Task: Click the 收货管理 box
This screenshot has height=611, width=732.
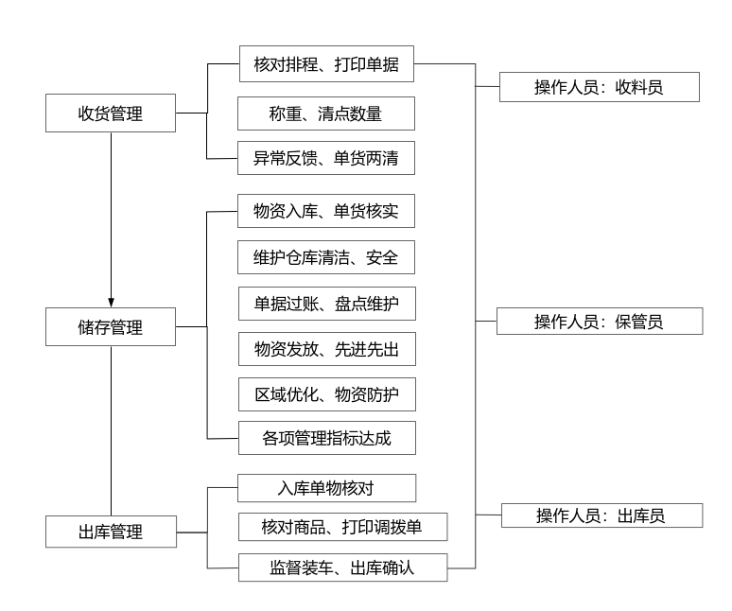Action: tap(111, 113)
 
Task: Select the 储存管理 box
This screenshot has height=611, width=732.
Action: tap(111, 327)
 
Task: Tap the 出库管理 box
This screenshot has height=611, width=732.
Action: tap(111, 531)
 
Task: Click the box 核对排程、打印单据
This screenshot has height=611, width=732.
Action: tap(326, 64)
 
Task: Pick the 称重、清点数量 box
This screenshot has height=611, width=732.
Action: tap(326, 114)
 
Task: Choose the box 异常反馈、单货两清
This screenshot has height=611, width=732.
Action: tap(326, 158)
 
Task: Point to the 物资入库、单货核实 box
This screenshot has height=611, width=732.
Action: tap(326, 211)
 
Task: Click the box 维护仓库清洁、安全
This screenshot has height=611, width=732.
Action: tap(326, 257)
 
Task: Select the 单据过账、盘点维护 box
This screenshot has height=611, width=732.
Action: tap(326, 304)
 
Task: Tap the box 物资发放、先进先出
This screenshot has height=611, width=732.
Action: tap(326, 350)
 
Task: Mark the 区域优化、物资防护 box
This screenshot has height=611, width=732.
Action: tap(326, 394)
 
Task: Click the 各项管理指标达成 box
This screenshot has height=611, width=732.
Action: tap(326, 439)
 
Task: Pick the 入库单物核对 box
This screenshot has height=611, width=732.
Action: tap(326, 488)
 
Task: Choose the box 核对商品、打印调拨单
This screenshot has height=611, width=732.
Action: tap(340, 526)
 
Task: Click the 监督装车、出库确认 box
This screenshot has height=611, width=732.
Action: tap(340, 567)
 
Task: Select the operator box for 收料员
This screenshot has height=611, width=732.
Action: tap(599, 87)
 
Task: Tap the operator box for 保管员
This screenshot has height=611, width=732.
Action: tap(600, 321)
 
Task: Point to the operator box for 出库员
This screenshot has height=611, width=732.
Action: tap(601, 515)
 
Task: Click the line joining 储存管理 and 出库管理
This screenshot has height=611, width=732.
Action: tap(111, 430)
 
